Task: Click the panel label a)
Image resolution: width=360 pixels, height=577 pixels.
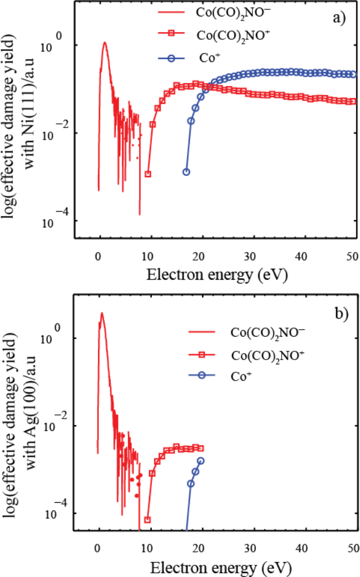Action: [339, 18]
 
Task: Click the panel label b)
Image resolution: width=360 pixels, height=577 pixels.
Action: [341, 312]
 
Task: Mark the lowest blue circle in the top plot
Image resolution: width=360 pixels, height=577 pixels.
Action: [186, 172]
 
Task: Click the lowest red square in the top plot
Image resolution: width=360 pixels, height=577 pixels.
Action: [148, 174]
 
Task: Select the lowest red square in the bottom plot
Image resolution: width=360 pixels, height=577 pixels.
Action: [147, 520]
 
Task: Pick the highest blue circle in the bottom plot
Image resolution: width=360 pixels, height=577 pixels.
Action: [201, 461]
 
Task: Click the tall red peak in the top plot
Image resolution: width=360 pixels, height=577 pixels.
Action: [105, 43]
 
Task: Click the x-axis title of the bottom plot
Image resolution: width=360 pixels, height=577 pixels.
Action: [226, 567]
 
